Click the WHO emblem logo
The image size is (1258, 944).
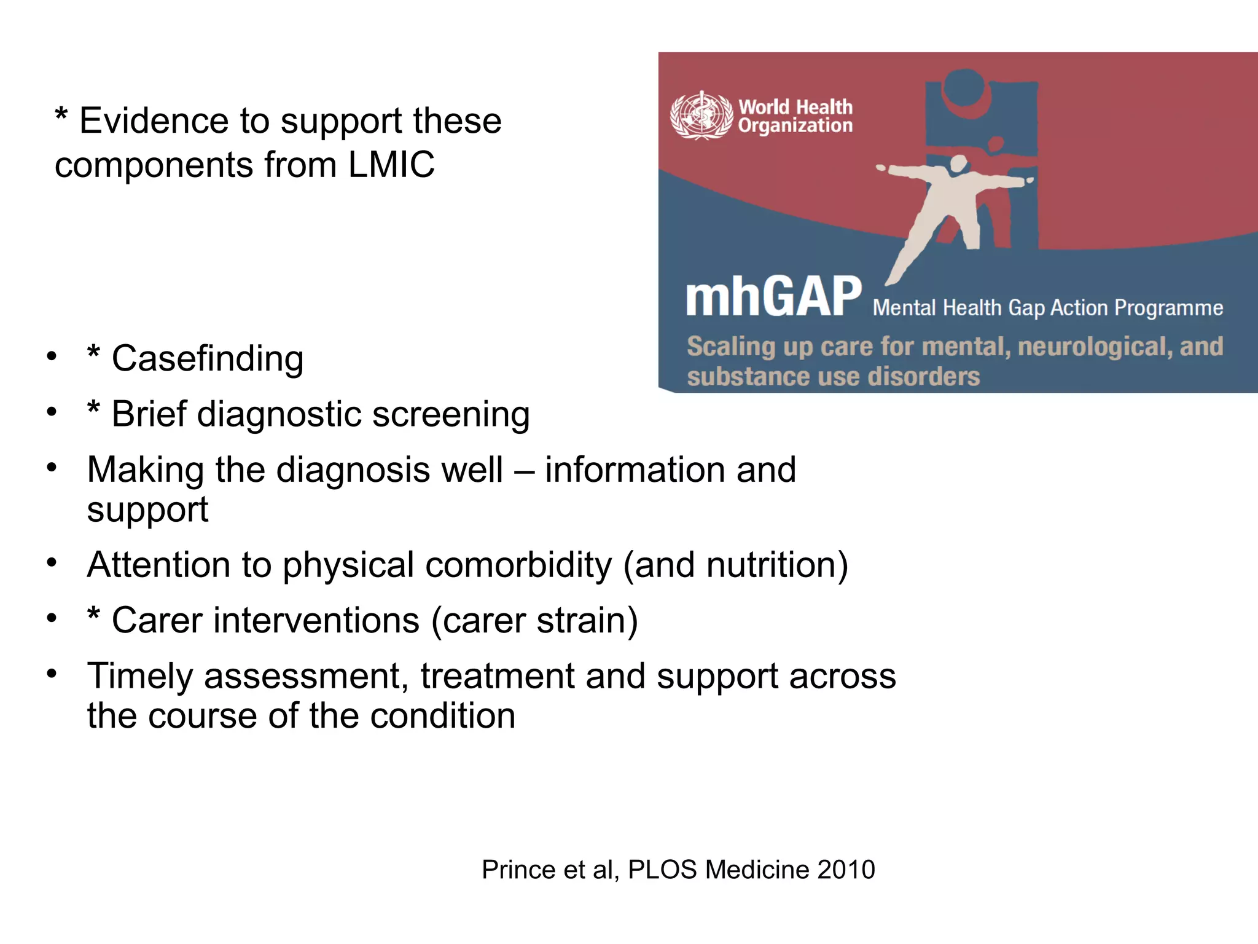[x=701, y=116]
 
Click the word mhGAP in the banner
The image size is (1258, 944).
[x=774, y=297]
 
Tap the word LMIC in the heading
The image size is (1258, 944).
[x=391, y=165]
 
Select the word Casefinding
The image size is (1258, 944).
[x=208, y=358]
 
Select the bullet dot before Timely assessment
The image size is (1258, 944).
[x=52, y=674]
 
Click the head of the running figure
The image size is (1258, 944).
[x=958, y=163]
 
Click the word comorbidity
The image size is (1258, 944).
[x=518, y=565]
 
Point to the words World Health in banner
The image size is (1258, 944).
[x=795, y=107]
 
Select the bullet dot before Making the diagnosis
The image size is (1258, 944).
[x=52, y=468]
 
